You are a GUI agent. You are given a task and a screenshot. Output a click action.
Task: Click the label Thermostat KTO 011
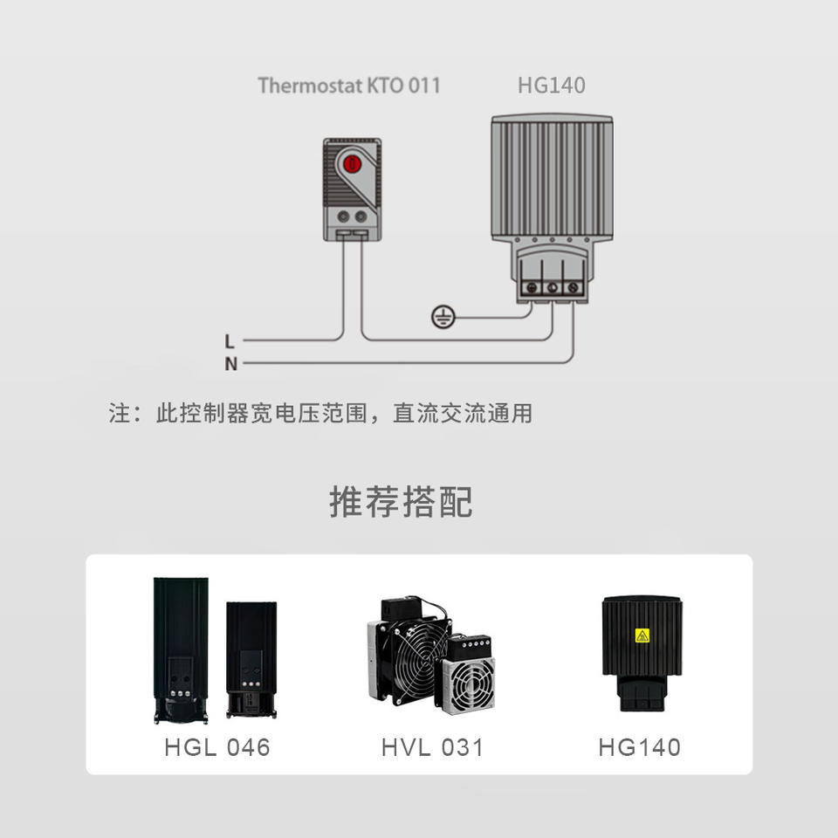(348, 86)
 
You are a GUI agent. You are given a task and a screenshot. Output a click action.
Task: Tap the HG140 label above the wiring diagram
(551, 86)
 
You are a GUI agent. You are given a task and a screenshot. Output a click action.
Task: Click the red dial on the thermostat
(352, 163)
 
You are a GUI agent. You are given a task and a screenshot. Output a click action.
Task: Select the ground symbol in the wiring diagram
(443, 317)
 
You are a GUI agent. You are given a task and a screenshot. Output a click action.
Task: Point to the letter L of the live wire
(230, 340)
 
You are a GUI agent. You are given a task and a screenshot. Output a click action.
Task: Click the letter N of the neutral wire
(230, 364)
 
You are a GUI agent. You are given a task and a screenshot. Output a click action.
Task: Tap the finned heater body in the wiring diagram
(551, 179)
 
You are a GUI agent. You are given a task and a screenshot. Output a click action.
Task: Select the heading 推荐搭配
(401, 502)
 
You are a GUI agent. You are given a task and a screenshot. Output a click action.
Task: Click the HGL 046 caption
(217, 747)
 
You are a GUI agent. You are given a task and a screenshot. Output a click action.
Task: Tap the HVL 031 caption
(432, 747)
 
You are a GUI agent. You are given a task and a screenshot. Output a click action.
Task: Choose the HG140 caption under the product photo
(639, 747)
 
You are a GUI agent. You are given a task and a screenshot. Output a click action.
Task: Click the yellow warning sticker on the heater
(642, 635)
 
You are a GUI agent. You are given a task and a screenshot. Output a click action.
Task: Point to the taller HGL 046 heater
(181, 649)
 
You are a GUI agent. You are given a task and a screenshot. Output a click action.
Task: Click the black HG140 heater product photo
(642, 650)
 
